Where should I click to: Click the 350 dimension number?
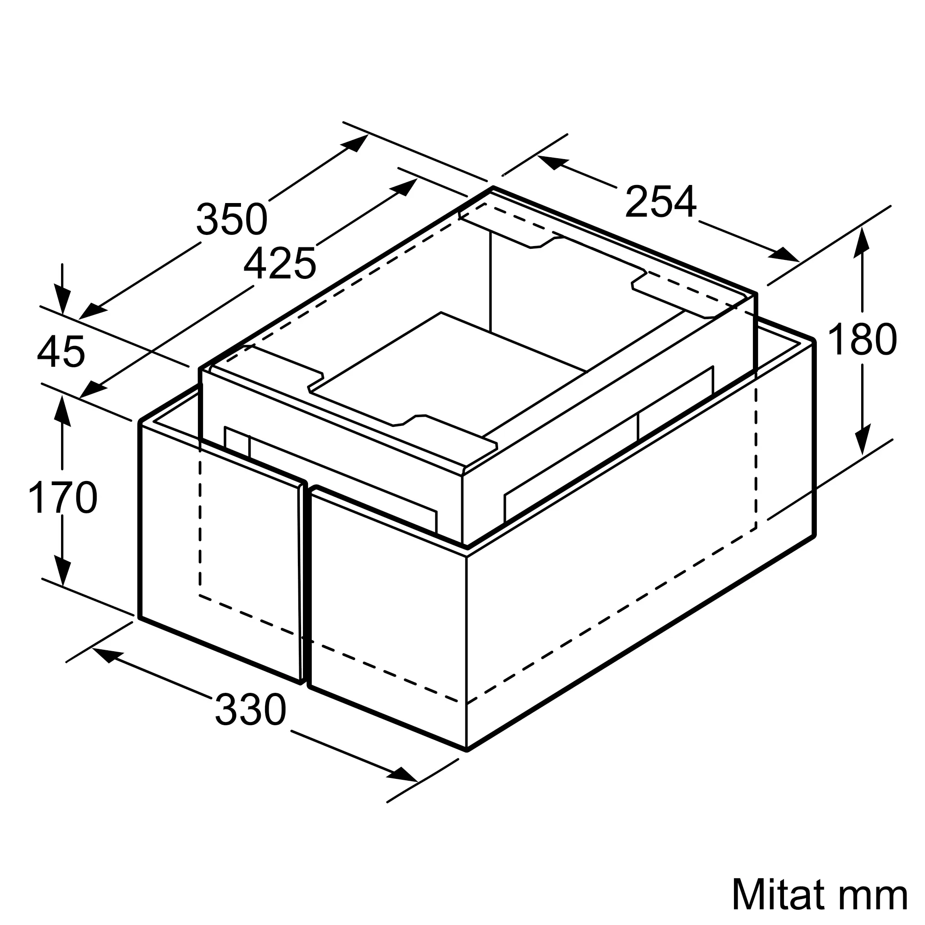point(232,219)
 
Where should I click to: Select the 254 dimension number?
point(661,202)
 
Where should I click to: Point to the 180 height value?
point(862,339)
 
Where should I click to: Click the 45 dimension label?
point(61,351)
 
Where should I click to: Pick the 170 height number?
point(63,498)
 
